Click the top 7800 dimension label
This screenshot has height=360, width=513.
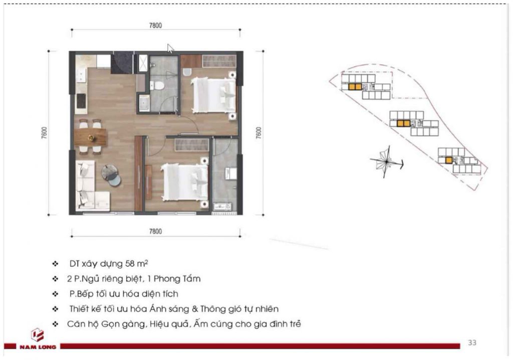tap(155, 26)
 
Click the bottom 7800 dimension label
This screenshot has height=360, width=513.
tap(155, 231)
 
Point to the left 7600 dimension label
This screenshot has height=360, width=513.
tap(44, 133)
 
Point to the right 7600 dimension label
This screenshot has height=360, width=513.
tap(259, 133)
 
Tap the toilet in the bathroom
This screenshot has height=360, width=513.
tap(157, 86)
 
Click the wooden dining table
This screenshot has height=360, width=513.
tap(90, 137)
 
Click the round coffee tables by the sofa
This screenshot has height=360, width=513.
tap(111, 175)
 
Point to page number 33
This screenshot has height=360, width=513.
tap(472, 342)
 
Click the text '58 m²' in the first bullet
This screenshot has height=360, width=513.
tap(137, 263)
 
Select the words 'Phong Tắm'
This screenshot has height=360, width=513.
tap(177, 279)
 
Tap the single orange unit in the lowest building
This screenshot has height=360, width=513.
tap(448, 160)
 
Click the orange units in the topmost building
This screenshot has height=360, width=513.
tap(355, 87)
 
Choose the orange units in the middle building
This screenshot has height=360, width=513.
tap(403, 123)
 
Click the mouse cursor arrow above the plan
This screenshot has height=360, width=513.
tap(170, 49)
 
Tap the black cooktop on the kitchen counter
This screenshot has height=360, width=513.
tap(81, 101)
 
